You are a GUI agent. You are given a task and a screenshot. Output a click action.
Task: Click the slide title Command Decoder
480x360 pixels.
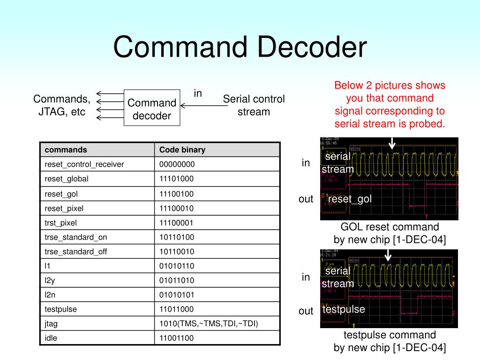pyautogui.click(x=240, y=48)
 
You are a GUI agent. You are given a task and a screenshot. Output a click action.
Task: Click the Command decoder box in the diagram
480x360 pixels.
pyautogui.click(x=152, y=108)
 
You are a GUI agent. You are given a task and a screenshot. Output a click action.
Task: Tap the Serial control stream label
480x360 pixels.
pyautogui.click(x=254, y=105)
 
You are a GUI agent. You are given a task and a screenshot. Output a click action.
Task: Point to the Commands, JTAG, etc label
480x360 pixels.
pyautogui.click(x=62, y=105)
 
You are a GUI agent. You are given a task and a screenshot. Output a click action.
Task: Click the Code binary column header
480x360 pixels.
pyautogui.click(x=182, y=150)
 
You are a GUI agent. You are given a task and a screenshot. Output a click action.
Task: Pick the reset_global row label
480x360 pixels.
pyautogui.click(x=67, y=179)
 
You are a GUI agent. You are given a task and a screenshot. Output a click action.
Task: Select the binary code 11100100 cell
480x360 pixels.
pyautogui.click(x=177, y=194)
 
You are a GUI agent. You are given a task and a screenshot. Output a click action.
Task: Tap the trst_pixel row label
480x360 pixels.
pyautogui.click(x=60, y=223)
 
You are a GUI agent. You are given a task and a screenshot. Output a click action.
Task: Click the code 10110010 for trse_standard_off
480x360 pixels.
pyautogui.click(x=177, y=251)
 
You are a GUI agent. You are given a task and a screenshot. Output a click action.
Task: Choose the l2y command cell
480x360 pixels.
pyautogui.click(x=50, y=280)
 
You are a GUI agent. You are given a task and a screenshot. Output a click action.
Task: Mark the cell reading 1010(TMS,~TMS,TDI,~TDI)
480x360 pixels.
pyautogui.click(x=209, y=323)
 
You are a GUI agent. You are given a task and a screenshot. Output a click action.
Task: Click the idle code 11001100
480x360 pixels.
pyautogui.click(x=177, y=338)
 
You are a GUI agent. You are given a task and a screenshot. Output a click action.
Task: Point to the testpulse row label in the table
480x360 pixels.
pyautogui.click(x=60, y=309)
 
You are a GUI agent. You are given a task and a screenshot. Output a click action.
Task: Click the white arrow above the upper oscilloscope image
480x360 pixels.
pyautogui.click(x=392, y=143)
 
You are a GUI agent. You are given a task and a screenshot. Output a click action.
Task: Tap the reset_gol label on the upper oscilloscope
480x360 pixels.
pyautogui.click(x=350, y=199)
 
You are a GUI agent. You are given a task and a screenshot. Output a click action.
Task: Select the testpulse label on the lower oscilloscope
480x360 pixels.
pyautogui.click(x=344, y=309)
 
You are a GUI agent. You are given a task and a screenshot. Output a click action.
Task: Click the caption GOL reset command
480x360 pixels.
pyautogui.click(x=390, y=227)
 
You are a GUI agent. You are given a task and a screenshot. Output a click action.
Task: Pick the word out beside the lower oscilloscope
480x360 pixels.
pyautogui.click(x=306, y=311)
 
